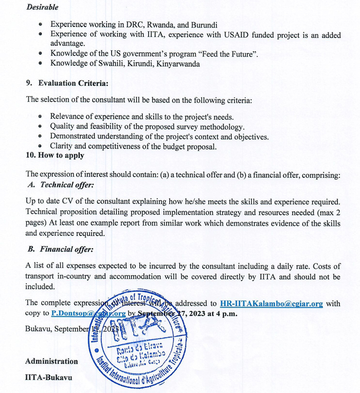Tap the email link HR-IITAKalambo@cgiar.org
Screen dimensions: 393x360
271,303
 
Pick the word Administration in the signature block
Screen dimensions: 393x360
51,361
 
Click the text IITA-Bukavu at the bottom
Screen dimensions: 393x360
49,378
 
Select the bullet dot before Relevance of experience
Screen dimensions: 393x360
41,117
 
